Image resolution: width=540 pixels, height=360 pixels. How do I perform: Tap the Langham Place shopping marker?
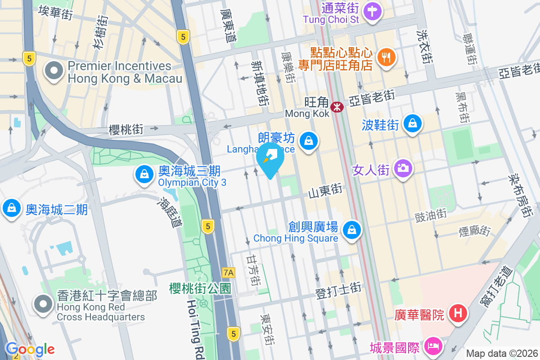[x=309, y=141]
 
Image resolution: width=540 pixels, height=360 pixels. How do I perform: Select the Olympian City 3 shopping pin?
[x=144, y=175]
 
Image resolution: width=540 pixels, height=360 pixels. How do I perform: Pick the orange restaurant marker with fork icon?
[x=386, y=57]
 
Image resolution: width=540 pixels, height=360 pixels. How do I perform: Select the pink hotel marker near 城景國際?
[x=436, y=346]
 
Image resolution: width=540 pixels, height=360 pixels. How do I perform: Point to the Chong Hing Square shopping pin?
[x=351, y=230]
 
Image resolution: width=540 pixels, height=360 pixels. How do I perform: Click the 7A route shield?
[x=229, y=272]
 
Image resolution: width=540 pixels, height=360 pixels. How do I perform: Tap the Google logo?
[x=30, y=349]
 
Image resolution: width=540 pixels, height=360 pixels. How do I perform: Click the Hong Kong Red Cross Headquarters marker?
[x=43, y=304]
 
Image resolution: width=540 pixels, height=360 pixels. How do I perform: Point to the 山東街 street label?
[x=325, y=192]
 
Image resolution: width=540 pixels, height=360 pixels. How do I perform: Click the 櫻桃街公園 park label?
[x=200, y=288]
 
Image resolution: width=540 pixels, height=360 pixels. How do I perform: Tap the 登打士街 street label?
[x=338, y=294]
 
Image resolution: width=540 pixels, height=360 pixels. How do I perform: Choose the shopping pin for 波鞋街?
[x=412, y=123]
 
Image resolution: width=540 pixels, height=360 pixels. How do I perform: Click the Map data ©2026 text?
[x=501, y=353]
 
